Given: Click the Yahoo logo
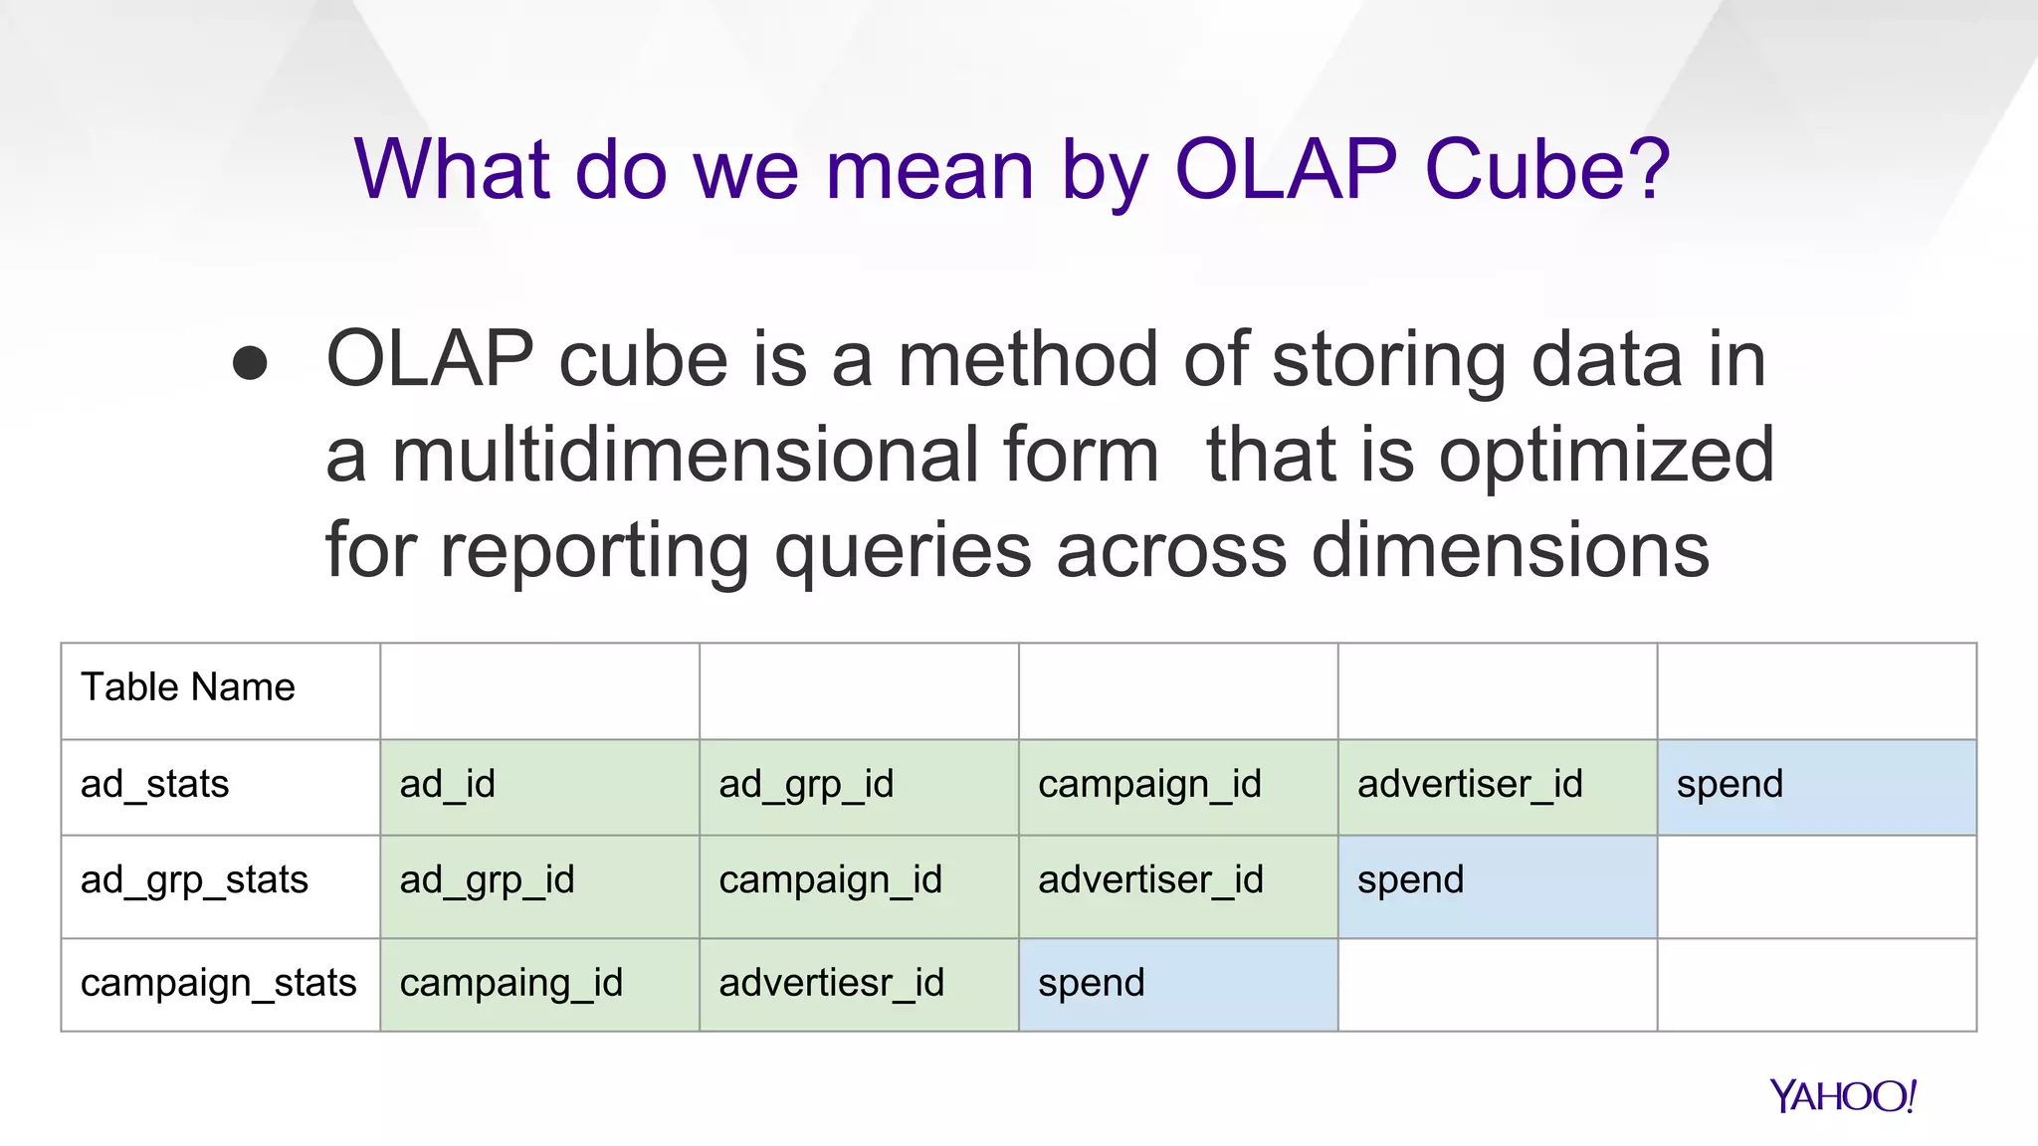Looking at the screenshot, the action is click(x=1842, y=1096).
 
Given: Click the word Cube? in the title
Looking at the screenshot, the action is click(x=1547, y=169).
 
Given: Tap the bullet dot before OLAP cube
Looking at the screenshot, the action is click(x=250, y=363).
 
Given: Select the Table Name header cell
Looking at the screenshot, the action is click(x=188, y=688).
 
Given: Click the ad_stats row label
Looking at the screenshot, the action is click(x=155, y=785).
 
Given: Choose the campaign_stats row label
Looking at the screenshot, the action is click(x=219, y=983).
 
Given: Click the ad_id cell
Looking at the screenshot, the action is click(x=448, y=785).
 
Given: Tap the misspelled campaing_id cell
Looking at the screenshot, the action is click(x=511, y=984).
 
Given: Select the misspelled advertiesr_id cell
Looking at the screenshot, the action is click(x=832, y=984).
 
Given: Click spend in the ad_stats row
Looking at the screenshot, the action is click(x=1730, y=785).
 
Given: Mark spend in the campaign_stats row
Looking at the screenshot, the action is click(x=1092, y=984).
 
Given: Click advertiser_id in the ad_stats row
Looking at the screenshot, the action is click(x=1470, y=785).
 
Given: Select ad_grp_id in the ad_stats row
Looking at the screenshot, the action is click(x=807, y=785).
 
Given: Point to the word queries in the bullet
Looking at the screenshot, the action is click(x=903, y=551).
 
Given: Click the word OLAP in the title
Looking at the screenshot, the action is click(x=1286, y=169).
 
